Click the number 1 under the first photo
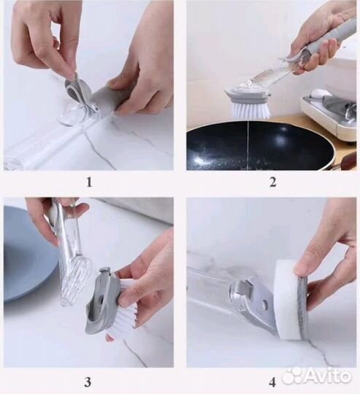coord(89,182)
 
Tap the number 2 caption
coord(273,182)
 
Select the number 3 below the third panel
coord(88,382)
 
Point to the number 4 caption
coord(272,382)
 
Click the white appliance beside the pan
coord(329,115)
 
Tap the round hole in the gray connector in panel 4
coord(264,304)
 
